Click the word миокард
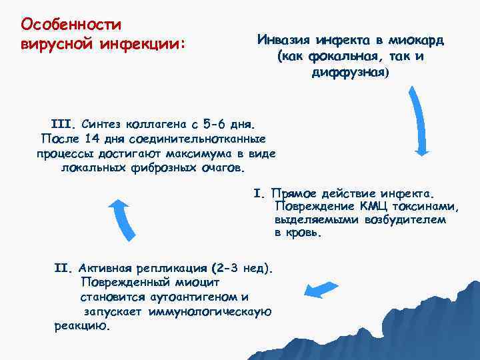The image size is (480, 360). pos(416,40)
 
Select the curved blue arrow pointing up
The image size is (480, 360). pos(121,221)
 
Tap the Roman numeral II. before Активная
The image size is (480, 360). pos(61,269)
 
